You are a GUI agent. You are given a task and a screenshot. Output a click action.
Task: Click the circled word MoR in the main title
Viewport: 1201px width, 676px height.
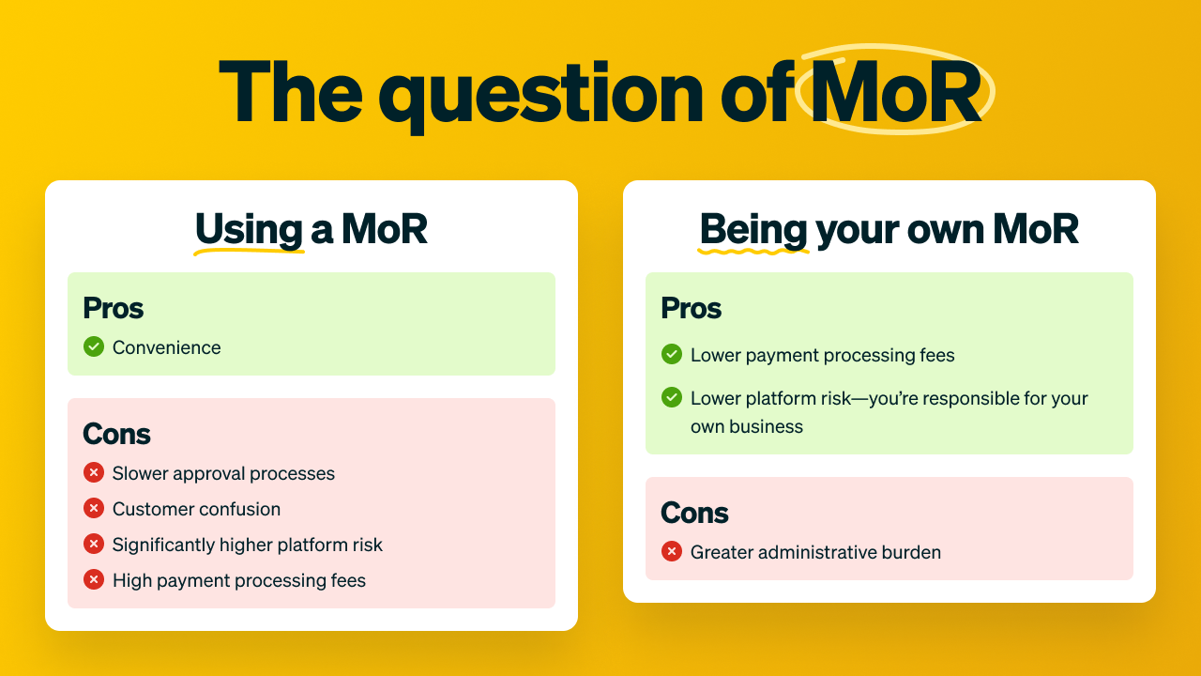895,92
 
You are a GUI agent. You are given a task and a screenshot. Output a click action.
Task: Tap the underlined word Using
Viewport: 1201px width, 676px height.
250,230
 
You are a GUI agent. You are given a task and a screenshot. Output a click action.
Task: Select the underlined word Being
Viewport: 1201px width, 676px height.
753,230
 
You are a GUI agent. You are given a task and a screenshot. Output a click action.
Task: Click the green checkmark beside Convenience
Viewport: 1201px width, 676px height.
94,346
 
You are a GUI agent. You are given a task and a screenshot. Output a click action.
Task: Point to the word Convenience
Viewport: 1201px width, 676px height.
167,347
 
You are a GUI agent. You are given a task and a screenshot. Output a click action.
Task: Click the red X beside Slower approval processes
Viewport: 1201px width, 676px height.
94,472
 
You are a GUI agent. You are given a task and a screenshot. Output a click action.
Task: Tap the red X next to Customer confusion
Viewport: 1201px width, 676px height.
94,508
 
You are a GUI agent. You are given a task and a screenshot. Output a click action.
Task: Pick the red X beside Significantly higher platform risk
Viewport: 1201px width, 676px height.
94,544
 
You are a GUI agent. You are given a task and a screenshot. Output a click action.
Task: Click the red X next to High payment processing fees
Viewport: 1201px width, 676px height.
94,579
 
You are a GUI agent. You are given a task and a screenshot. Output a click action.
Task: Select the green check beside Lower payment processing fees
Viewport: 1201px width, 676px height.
672,354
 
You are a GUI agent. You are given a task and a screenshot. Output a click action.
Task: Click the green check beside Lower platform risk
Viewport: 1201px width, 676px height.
672,397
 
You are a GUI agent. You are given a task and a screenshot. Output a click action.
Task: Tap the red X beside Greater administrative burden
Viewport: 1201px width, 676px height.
672,551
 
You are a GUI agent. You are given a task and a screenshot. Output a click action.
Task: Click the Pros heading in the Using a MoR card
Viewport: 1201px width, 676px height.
114,309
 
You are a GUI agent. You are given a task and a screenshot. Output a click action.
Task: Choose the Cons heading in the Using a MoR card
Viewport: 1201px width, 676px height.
117,434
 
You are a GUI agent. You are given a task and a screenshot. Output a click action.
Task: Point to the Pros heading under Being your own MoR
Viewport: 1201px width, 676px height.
692,309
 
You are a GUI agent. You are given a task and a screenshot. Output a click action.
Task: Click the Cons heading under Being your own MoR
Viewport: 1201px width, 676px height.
695,513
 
